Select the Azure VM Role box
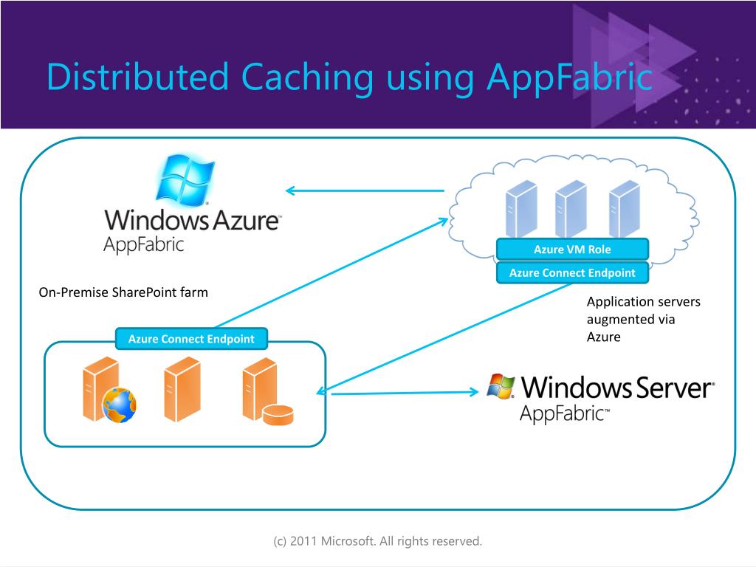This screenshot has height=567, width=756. (x=572, y=249)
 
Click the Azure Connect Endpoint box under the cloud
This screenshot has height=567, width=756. (x=572, y=272)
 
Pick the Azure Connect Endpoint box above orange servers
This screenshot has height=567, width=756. (x=191, y=339)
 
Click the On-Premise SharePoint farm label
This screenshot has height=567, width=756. (x=123, y=292)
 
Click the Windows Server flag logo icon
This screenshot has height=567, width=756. (x=502, y=385)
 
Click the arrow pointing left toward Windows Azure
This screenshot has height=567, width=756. (x=365, y=190)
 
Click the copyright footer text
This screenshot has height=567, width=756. (x=377, y=541)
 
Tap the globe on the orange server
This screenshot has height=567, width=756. (x=119, y=404)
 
